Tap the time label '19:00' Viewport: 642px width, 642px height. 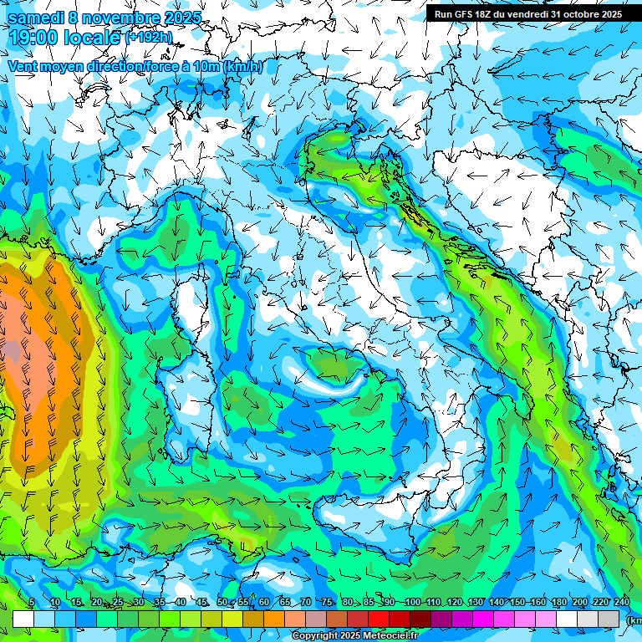point(34,37)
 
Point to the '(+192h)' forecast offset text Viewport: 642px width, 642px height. point(148,37)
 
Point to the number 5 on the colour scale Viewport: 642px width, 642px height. point(32,603)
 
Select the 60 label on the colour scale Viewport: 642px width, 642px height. point(264,603)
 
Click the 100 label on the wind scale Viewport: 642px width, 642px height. point(412,603)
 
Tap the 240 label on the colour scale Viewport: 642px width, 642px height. point(622,603)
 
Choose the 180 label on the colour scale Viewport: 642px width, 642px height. point(559,603)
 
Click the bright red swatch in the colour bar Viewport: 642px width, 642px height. point(380,619)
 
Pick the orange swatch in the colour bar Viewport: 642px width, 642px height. point(274,619)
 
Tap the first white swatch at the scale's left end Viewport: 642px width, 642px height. point(23,619)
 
